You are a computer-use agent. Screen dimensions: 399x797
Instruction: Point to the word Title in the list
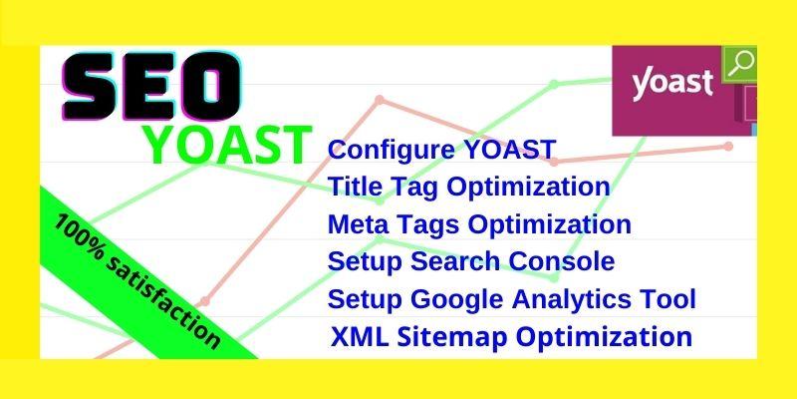tap(355, 188)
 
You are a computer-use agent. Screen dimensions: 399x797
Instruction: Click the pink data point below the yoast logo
tap(728, 147)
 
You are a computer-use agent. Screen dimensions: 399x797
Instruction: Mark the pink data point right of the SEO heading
tap(379, 100)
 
